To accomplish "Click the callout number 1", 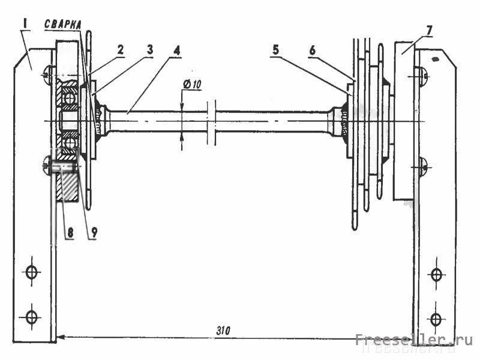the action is (x=26, y=25).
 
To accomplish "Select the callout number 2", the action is (x=121, y=50).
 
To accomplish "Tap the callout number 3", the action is (x=149, y=50).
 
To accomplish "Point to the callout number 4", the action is (x=177, y=51).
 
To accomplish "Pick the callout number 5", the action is (x=276, y=50).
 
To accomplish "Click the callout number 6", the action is (x=312, y=50).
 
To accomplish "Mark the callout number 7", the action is (x=429, y=31).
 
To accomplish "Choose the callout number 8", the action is (x=70, y=233).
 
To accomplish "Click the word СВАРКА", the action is (x=63, y=25).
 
